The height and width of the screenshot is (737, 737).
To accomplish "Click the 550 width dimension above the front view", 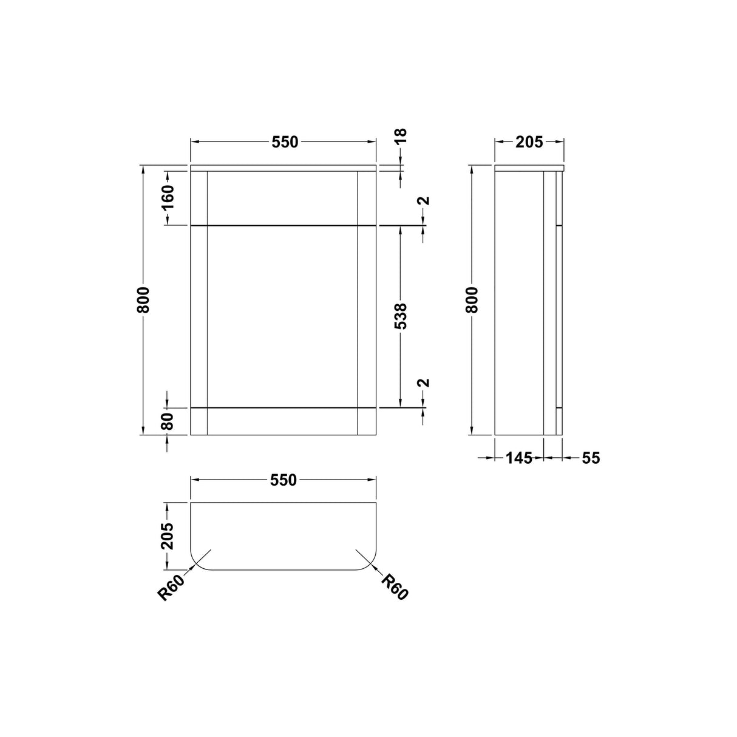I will tap(285, 142).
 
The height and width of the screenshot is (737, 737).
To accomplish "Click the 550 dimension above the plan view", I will tap(284, 480).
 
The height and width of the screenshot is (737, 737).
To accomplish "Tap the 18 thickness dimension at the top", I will tap(401, 136).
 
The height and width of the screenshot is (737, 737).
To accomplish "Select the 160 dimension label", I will tap(167, 195).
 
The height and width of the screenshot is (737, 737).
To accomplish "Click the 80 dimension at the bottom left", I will tap(167, 421).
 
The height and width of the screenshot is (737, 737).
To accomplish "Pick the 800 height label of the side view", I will tap(473, 300).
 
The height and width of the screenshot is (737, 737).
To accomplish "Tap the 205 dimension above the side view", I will tap(529, 142).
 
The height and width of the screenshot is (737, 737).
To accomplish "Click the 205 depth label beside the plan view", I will tap(167, 535).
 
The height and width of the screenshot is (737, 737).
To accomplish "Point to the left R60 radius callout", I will tap(171, 588).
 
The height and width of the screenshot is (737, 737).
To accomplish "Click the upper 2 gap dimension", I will tap(424, 201).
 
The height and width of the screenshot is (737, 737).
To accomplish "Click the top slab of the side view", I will tap(529, 168).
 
